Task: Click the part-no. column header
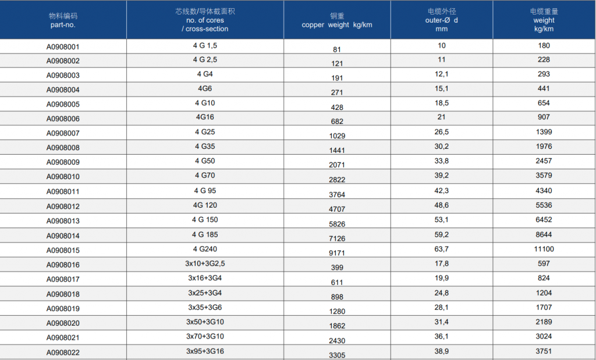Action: [63, 20]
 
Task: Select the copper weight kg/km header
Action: [337, 20]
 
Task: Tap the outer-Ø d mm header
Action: [441, 20]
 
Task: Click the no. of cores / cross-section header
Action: [205, 20]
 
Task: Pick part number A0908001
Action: [63, 47]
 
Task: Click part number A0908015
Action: [63, 251]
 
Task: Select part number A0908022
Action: [63, 353]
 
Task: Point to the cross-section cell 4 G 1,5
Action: [205, 45]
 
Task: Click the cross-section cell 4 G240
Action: [205, 249]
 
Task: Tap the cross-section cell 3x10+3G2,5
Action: [205, 263]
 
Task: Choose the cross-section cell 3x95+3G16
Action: [205, 351]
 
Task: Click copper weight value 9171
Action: [337, 254]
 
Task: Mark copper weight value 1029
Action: [337, 136]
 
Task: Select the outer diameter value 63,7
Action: [441, 249]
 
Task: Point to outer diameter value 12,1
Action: [441, 74]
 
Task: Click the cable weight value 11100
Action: [544, 249]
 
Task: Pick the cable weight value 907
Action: [544, 117]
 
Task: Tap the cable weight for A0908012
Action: [544, 205]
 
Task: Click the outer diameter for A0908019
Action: [441, 307]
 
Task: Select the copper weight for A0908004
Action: [337, 92]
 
